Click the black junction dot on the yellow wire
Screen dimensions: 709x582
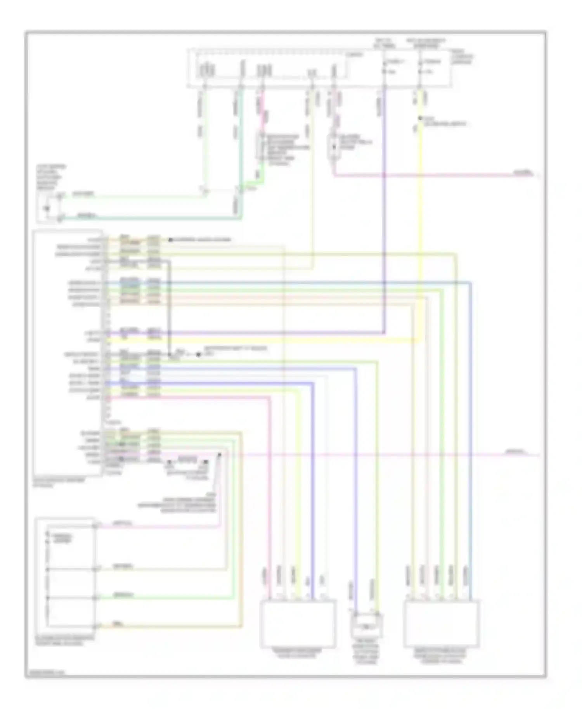419,118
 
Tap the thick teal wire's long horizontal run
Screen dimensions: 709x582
151,218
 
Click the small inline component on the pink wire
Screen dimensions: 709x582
334,147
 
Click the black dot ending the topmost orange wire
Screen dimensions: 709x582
170,240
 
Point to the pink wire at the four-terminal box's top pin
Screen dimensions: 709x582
155,526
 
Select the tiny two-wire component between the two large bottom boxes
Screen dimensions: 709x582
366,626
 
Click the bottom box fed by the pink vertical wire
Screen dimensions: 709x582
298,624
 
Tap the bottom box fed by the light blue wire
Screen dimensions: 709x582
441,624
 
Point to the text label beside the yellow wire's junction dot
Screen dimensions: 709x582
445,121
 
